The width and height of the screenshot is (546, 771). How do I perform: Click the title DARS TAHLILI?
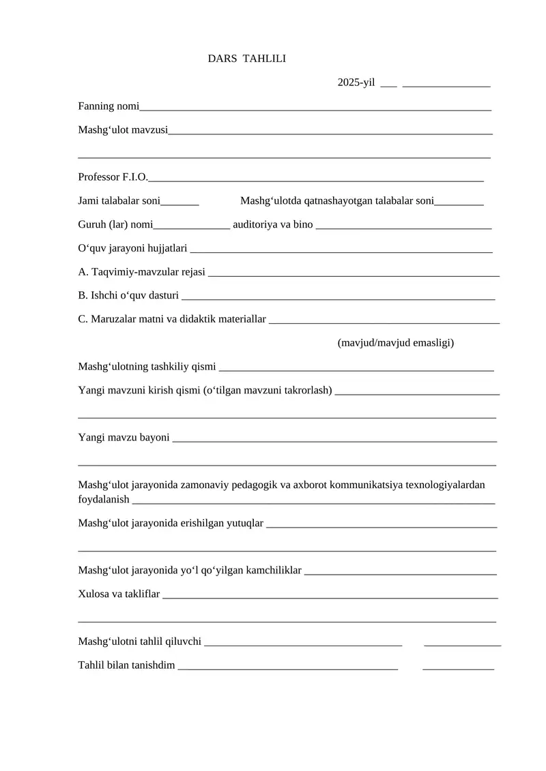pos(247,59)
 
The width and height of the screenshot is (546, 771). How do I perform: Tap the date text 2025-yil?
pos(356,82)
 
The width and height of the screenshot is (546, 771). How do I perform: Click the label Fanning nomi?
pos(109,106)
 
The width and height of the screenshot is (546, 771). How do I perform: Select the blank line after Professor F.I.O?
pos(316,179)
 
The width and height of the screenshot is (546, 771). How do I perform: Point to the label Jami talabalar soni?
pos(119,201)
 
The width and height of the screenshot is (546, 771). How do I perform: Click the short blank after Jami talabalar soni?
pos(180,202)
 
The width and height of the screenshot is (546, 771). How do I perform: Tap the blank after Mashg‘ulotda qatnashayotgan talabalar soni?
pos(459,202)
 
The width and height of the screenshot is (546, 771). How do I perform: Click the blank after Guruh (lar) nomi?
pos(192,226)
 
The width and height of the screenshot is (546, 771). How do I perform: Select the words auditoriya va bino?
pos(273,224)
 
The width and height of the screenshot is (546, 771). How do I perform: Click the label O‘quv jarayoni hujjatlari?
pos(133,248)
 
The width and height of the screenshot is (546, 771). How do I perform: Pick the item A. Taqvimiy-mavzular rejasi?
pos(142,272)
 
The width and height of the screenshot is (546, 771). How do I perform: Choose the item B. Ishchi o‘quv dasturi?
pos(129,296)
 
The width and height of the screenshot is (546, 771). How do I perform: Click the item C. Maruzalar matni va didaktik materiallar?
pos(172,319)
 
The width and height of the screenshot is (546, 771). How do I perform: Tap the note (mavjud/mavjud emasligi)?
pos(396,342)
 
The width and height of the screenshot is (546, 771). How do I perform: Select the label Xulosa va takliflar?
pos(119,594)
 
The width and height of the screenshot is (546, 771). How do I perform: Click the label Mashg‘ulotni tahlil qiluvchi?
pos(140,641)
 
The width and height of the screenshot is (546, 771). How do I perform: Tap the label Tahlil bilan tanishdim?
pos(127,665)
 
